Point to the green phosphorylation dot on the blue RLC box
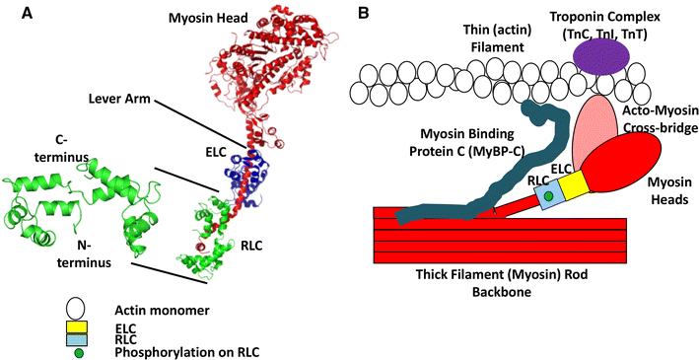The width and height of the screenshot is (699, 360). pos(547,198)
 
